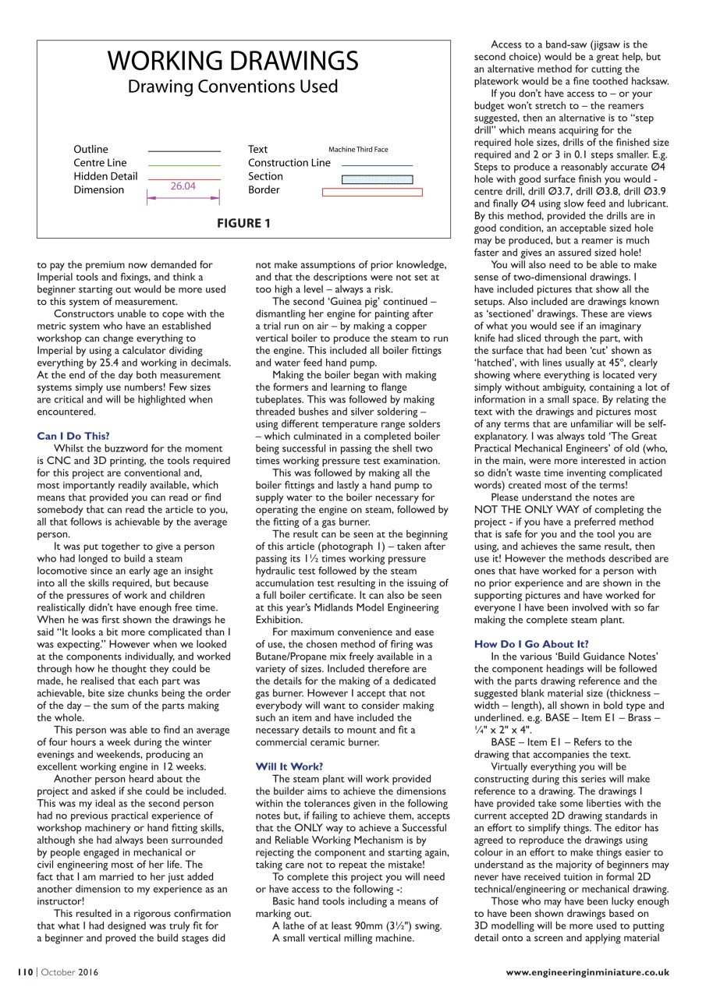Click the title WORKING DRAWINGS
tap(232, 61)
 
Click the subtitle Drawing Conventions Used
tap(232, 87)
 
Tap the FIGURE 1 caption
tap(243, 224)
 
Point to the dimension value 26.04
tap(183, 186)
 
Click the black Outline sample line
tap(184, 150)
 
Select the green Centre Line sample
tap(184, 165)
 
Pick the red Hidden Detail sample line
tap(184, 178)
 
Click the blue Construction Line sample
tap(377, 165)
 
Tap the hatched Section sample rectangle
tap(378, 179)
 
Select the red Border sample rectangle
tap(372, 192)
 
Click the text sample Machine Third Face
tap(358, 150)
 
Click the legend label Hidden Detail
tap(105, 176)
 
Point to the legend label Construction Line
tap(289, 163)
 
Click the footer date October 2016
tap(70, 972)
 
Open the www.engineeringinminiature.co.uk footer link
tap(587, 972)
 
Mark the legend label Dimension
tap(98, 190)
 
